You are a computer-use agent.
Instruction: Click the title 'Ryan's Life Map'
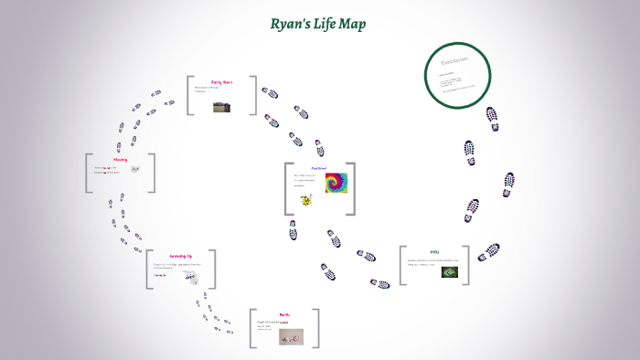click(318, 25)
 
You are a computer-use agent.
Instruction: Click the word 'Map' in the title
click(352, 25)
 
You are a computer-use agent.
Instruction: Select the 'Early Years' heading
click(221, 82)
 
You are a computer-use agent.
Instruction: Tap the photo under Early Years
click(221, 107)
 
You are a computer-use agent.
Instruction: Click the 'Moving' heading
click(120, 159)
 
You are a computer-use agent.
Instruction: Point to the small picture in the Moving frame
click(134, 170)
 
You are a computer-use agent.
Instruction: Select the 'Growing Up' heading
click(180, 256)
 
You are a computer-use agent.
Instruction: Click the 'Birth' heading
click(284, 314)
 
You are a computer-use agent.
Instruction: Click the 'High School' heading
click(318, 168)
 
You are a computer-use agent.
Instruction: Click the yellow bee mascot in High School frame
click(305, 200)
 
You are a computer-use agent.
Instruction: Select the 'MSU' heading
click(434, 251)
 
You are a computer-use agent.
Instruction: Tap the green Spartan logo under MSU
click(449, 271)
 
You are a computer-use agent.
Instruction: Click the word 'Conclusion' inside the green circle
click(454, 60)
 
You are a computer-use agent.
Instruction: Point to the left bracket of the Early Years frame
click(190, 95)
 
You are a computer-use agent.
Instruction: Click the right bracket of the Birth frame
click(317, 328)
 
